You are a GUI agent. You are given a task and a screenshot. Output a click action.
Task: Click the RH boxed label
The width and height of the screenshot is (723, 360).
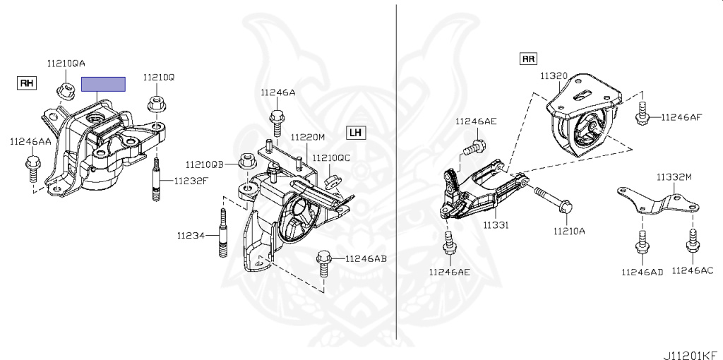[27, 83]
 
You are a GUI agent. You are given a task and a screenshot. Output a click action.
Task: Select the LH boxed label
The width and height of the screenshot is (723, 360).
[355, 133]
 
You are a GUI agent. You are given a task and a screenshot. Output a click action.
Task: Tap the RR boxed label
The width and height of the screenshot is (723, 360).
[528, 59]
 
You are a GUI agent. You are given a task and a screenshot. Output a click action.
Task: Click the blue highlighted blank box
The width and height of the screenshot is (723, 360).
[103, 85]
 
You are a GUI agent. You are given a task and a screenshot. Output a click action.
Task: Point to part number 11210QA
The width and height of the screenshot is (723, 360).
[66, 64]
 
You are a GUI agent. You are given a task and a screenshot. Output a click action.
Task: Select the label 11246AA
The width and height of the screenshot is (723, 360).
[30, 142]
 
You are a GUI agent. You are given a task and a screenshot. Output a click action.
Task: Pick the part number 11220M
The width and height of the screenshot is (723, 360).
[308, 137]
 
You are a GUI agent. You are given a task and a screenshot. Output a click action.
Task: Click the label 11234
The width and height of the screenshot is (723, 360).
[191, 236]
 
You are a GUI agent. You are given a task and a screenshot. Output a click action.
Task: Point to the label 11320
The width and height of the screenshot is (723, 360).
[554, 76]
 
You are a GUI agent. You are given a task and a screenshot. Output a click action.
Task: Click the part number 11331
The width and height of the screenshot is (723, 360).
[496, 225]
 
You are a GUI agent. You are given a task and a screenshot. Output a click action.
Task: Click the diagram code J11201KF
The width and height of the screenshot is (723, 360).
[692, 355]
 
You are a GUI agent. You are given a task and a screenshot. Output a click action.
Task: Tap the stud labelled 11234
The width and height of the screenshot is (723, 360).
[224, 232]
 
